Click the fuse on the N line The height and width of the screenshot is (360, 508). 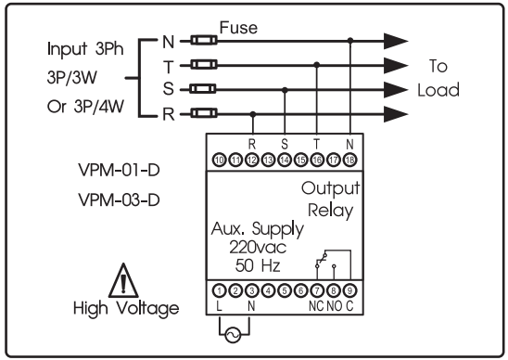tap(203, 40)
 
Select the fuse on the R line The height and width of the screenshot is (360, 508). tap(203, 113)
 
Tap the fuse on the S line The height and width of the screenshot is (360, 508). tap(203, 89)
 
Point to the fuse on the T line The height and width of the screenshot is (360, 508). tap(203, 65)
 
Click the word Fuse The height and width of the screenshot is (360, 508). tap(236, 28)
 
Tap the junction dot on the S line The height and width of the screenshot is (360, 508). tap(285, 89)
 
